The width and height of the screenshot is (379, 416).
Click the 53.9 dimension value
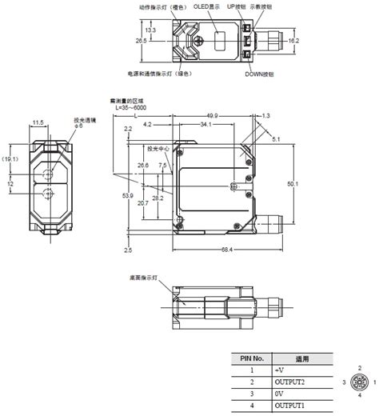coord(128,196)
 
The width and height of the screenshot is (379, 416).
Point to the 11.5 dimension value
coord(38,122)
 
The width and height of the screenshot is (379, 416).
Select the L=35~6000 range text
coord(132,107)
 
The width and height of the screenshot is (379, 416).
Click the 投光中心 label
coord(159,148)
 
